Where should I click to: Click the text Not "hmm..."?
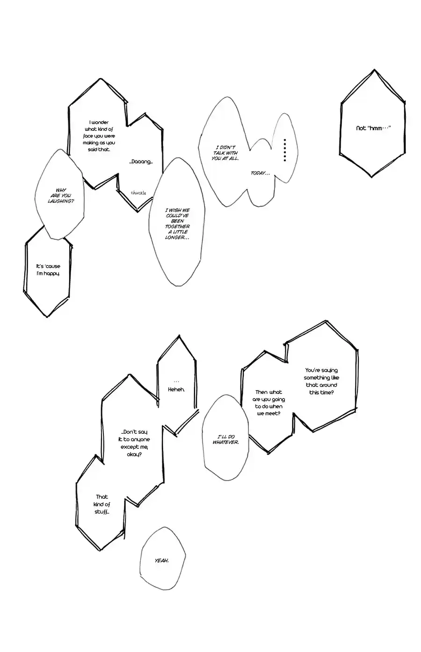point(373,128)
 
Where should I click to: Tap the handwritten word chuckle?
point(138,193)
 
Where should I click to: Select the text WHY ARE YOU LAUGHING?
point(61,196)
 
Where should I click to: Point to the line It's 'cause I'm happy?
point(48,270)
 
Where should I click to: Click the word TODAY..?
point(260,173)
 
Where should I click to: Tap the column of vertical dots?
point(285,150)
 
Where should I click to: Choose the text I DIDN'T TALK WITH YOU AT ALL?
point(225,153)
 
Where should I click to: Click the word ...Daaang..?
point(141,162)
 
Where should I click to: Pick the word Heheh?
point(176,389)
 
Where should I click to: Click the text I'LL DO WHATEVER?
point(225,439)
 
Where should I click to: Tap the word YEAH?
point(162,560)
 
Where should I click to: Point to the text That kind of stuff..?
point(102,504)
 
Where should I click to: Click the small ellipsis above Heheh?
point(176,382)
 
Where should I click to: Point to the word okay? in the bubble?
point(134,454)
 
